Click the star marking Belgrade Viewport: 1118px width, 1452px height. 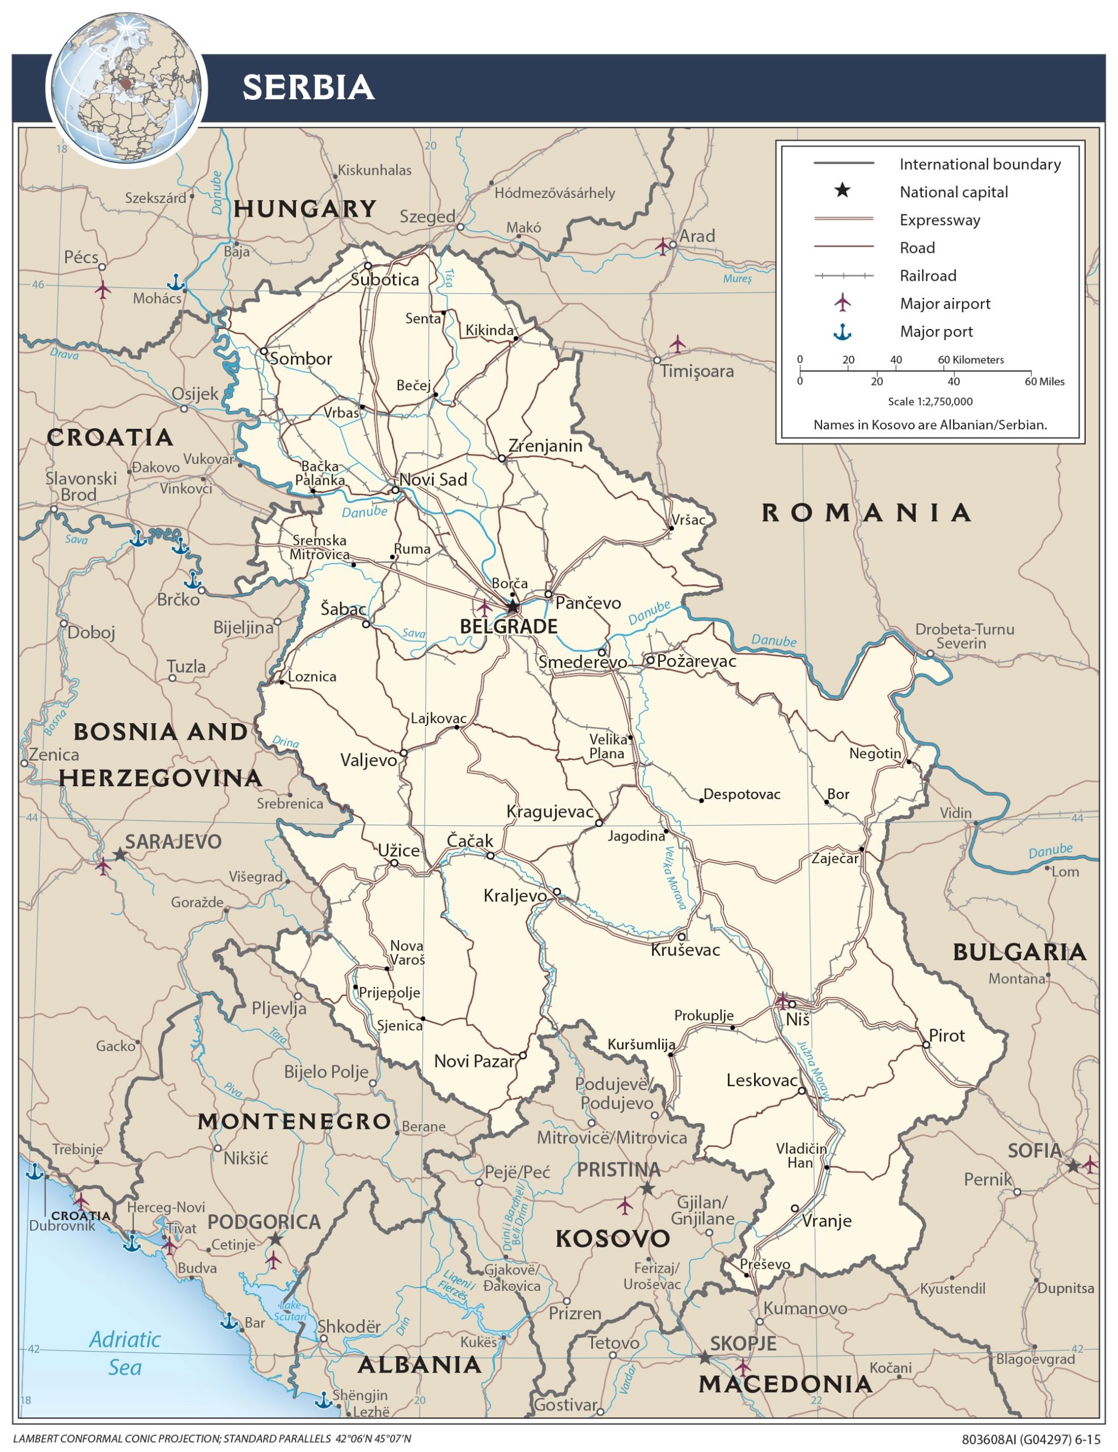pos(513,606)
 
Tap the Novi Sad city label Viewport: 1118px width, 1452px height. pos(433,479)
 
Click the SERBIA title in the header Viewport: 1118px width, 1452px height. pos(308,88)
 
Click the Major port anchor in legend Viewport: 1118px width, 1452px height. pos(842,332)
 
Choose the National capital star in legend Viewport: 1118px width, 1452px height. pos(842,192)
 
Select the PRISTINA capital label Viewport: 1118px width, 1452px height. pos(618,1170)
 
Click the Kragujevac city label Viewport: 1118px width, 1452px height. pos(550,811)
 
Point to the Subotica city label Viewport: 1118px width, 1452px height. pos(385,279)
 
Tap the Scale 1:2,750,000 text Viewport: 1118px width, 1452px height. pos(930,402)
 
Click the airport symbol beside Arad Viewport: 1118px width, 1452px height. pos(663,246)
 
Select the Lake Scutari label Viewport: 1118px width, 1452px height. pos(290,1311)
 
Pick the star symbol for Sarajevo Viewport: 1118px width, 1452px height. pos(120,854)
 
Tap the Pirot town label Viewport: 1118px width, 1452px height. pos(947,1035)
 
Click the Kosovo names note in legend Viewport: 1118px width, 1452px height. pos(930,425)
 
